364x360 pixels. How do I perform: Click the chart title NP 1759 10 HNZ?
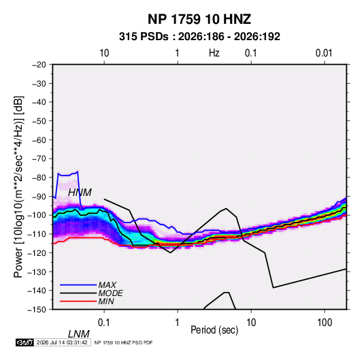click(199, 19)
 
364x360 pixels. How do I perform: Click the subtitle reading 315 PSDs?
click(144, 37)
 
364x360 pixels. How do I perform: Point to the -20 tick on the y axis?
click(39, 65)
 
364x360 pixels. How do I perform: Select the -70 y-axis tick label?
click(39, 159)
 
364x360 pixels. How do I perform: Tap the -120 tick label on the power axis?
click(37, 252)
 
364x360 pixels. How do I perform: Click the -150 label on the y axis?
click(37, 310)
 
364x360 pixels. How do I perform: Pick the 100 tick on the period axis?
click(325, 323)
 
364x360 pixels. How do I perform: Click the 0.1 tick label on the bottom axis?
click(103, 323)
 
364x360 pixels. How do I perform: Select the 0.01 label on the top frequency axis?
click(324, 53)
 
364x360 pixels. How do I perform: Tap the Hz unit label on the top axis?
click(214, 53)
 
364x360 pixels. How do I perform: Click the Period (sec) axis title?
click(214, 330)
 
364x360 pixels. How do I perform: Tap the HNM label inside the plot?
click(80, 193)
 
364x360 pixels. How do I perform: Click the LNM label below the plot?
click(79, 334)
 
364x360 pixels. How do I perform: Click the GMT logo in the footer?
click(24, 342)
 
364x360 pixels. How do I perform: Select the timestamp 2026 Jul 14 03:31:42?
click(62, 342)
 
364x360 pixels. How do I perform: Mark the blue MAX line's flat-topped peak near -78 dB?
click(68, 175)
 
